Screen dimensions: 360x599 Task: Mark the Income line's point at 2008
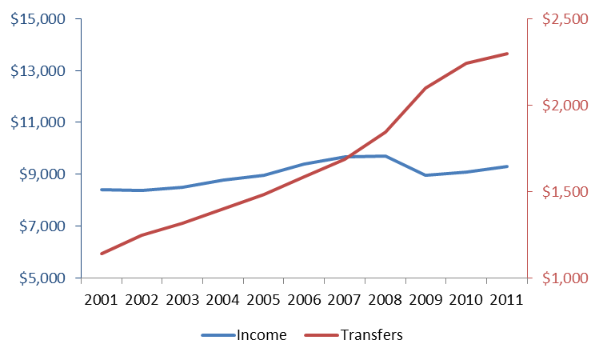click(385, 156)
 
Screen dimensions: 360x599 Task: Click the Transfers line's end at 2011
click(507, 54)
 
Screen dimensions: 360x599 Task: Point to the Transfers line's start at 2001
click(102, 254)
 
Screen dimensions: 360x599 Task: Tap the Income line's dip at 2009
click(425, 175)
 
